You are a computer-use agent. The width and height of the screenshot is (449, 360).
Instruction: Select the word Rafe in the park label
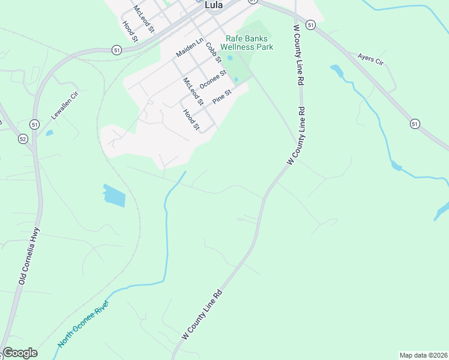pos(234,38)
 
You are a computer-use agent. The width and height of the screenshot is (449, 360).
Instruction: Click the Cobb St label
pos(214,52)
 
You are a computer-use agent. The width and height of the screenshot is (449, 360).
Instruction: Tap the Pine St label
pos(222,97)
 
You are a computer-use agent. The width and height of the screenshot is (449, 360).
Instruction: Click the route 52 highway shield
pos(23,139)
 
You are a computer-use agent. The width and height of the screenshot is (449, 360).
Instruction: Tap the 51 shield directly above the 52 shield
pos(35,124)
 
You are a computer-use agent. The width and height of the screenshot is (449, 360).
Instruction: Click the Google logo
pos(20,353)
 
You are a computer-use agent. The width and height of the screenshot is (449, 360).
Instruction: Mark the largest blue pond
pos(114,195)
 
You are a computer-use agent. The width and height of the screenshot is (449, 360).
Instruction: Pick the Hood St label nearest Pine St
pos(191,119)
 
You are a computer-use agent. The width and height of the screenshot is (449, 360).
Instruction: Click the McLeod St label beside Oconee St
pos(193,91)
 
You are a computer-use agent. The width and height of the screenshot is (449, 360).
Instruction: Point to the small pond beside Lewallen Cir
pos(49,133)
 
